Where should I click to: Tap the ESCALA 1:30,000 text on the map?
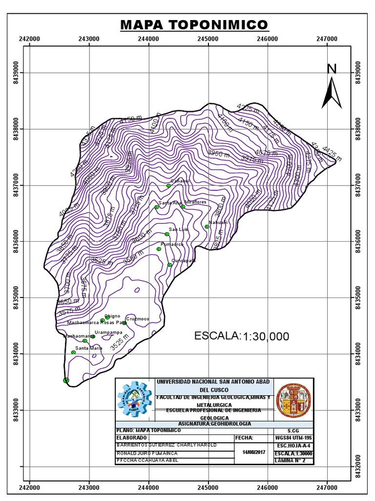coord(242,336)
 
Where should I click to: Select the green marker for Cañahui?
coord(168,185)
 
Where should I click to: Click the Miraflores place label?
coord(195,202)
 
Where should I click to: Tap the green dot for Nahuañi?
coord(207,227)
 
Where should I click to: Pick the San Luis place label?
coord(178,229)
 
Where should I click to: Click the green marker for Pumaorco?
coord(159,249)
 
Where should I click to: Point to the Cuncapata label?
coord(183,261)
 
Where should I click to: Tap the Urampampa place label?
coord(108,332)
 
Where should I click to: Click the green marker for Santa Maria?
coord(73,352)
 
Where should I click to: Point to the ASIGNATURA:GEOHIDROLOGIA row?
coord(194,424)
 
